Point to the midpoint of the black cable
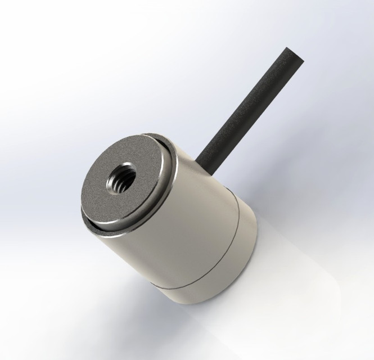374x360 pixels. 247,104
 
